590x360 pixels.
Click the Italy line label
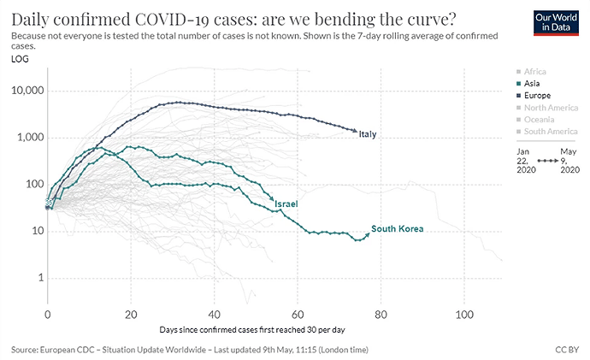pyautogui.click(x=368, y=134)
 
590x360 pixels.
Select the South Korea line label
pyautogui.click(x=398, y=229)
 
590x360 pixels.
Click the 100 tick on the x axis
pyautogui.click(x=463, y=315)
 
